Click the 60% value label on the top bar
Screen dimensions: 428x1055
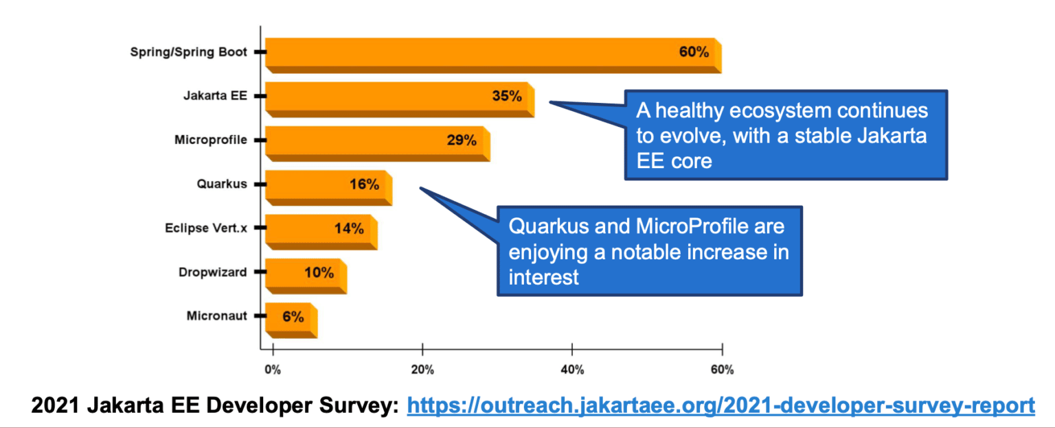click(694, 52)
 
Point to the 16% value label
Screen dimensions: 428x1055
click(364, 185)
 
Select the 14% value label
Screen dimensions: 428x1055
click(349, 228)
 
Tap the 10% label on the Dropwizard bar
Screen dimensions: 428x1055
click(319, 272)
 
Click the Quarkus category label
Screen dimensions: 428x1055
click(221, 185)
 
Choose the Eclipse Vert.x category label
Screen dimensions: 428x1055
click(205, 228)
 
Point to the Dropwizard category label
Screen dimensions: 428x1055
click(212, 272)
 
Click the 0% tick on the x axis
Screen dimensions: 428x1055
click(273, 370)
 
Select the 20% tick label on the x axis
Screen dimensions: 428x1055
click(422, 370)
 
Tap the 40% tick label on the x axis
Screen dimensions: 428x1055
click(572, 370)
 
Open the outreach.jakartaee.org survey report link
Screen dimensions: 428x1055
click(721, 405)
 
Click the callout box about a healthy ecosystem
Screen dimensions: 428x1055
click(785, 135)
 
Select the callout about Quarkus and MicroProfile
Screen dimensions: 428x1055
click(649, 251)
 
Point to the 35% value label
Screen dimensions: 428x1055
click(507, 96)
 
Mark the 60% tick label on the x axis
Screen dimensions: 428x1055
click(722, 370)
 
